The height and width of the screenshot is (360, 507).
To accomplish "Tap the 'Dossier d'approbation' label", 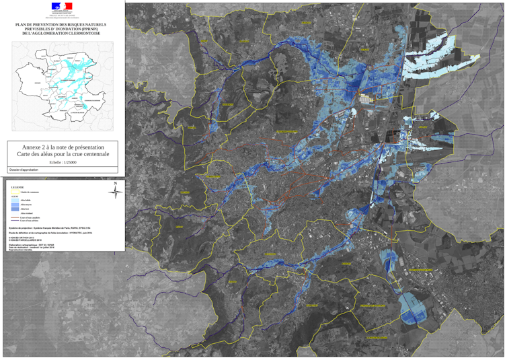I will pyautogui.click(x=24, y=170).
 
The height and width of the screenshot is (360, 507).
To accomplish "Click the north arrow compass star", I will pyautogui.click(x=115, y=193).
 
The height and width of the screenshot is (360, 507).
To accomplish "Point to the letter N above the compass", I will pyautogui.click(x=115, y=183).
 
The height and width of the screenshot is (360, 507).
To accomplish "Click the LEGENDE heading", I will pyautogui.click(x=17, y=187).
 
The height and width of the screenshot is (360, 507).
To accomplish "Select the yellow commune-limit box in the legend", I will pyautogui.click(x=15, y=192).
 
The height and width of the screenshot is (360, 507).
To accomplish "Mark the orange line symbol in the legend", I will pyautogui.click(x=15, y=217).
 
